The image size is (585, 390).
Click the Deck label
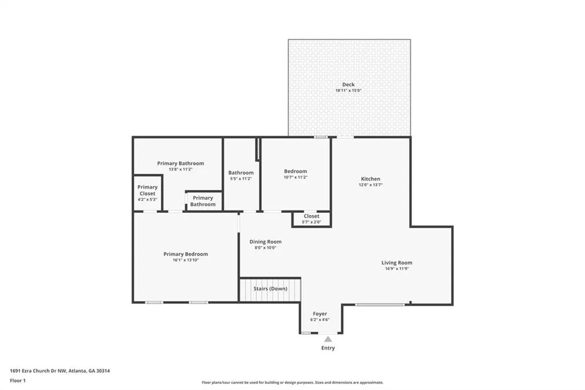coord(348,85)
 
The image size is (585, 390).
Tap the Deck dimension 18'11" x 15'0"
coord(348,90)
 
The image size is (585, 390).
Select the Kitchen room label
coord(370,179)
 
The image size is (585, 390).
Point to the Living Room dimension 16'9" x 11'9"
coord(397,269)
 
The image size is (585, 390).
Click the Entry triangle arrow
coord(328,339)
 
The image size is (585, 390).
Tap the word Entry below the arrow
coord(328,348)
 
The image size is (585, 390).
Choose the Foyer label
coord(320,314)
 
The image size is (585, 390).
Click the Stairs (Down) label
coord(270,289)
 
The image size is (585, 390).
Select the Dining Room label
coord(266,242)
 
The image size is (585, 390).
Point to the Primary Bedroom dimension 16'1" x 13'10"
coord(186,260)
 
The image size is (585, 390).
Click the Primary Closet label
coord(147,190)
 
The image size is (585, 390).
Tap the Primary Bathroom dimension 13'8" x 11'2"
coord(181,169)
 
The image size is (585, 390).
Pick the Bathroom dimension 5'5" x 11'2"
coord(241,178)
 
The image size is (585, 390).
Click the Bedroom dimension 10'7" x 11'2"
coord(295,177)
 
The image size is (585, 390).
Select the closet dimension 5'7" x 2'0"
coord(311,222)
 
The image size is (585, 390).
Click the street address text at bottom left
coord(59,371)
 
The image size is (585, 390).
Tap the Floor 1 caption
coord(18,381)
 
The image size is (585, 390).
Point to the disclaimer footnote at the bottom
coord(292,383)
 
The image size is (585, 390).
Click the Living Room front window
coord(380,305)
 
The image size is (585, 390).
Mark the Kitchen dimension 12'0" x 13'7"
coord(370,185)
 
